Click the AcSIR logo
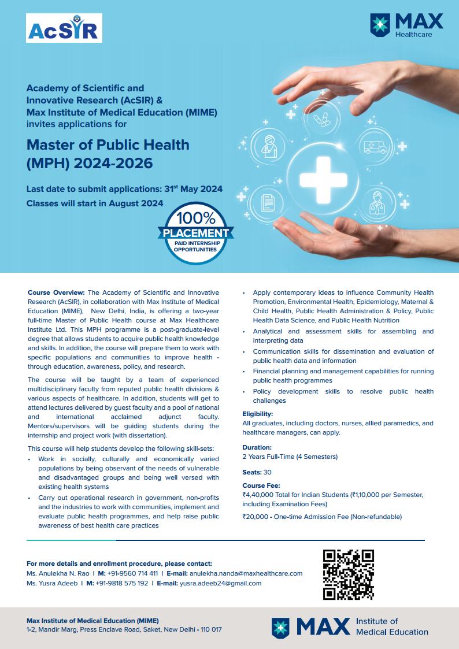64,28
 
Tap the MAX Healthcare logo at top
406,25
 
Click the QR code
348,574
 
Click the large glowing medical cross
323,172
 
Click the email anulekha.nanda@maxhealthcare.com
246,573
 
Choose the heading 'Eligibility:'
258,414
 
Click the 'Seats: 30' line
257,472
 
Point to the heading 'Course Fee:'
261,486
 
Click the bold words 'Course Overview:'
56,292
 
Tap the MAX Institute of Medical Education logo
350,627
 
